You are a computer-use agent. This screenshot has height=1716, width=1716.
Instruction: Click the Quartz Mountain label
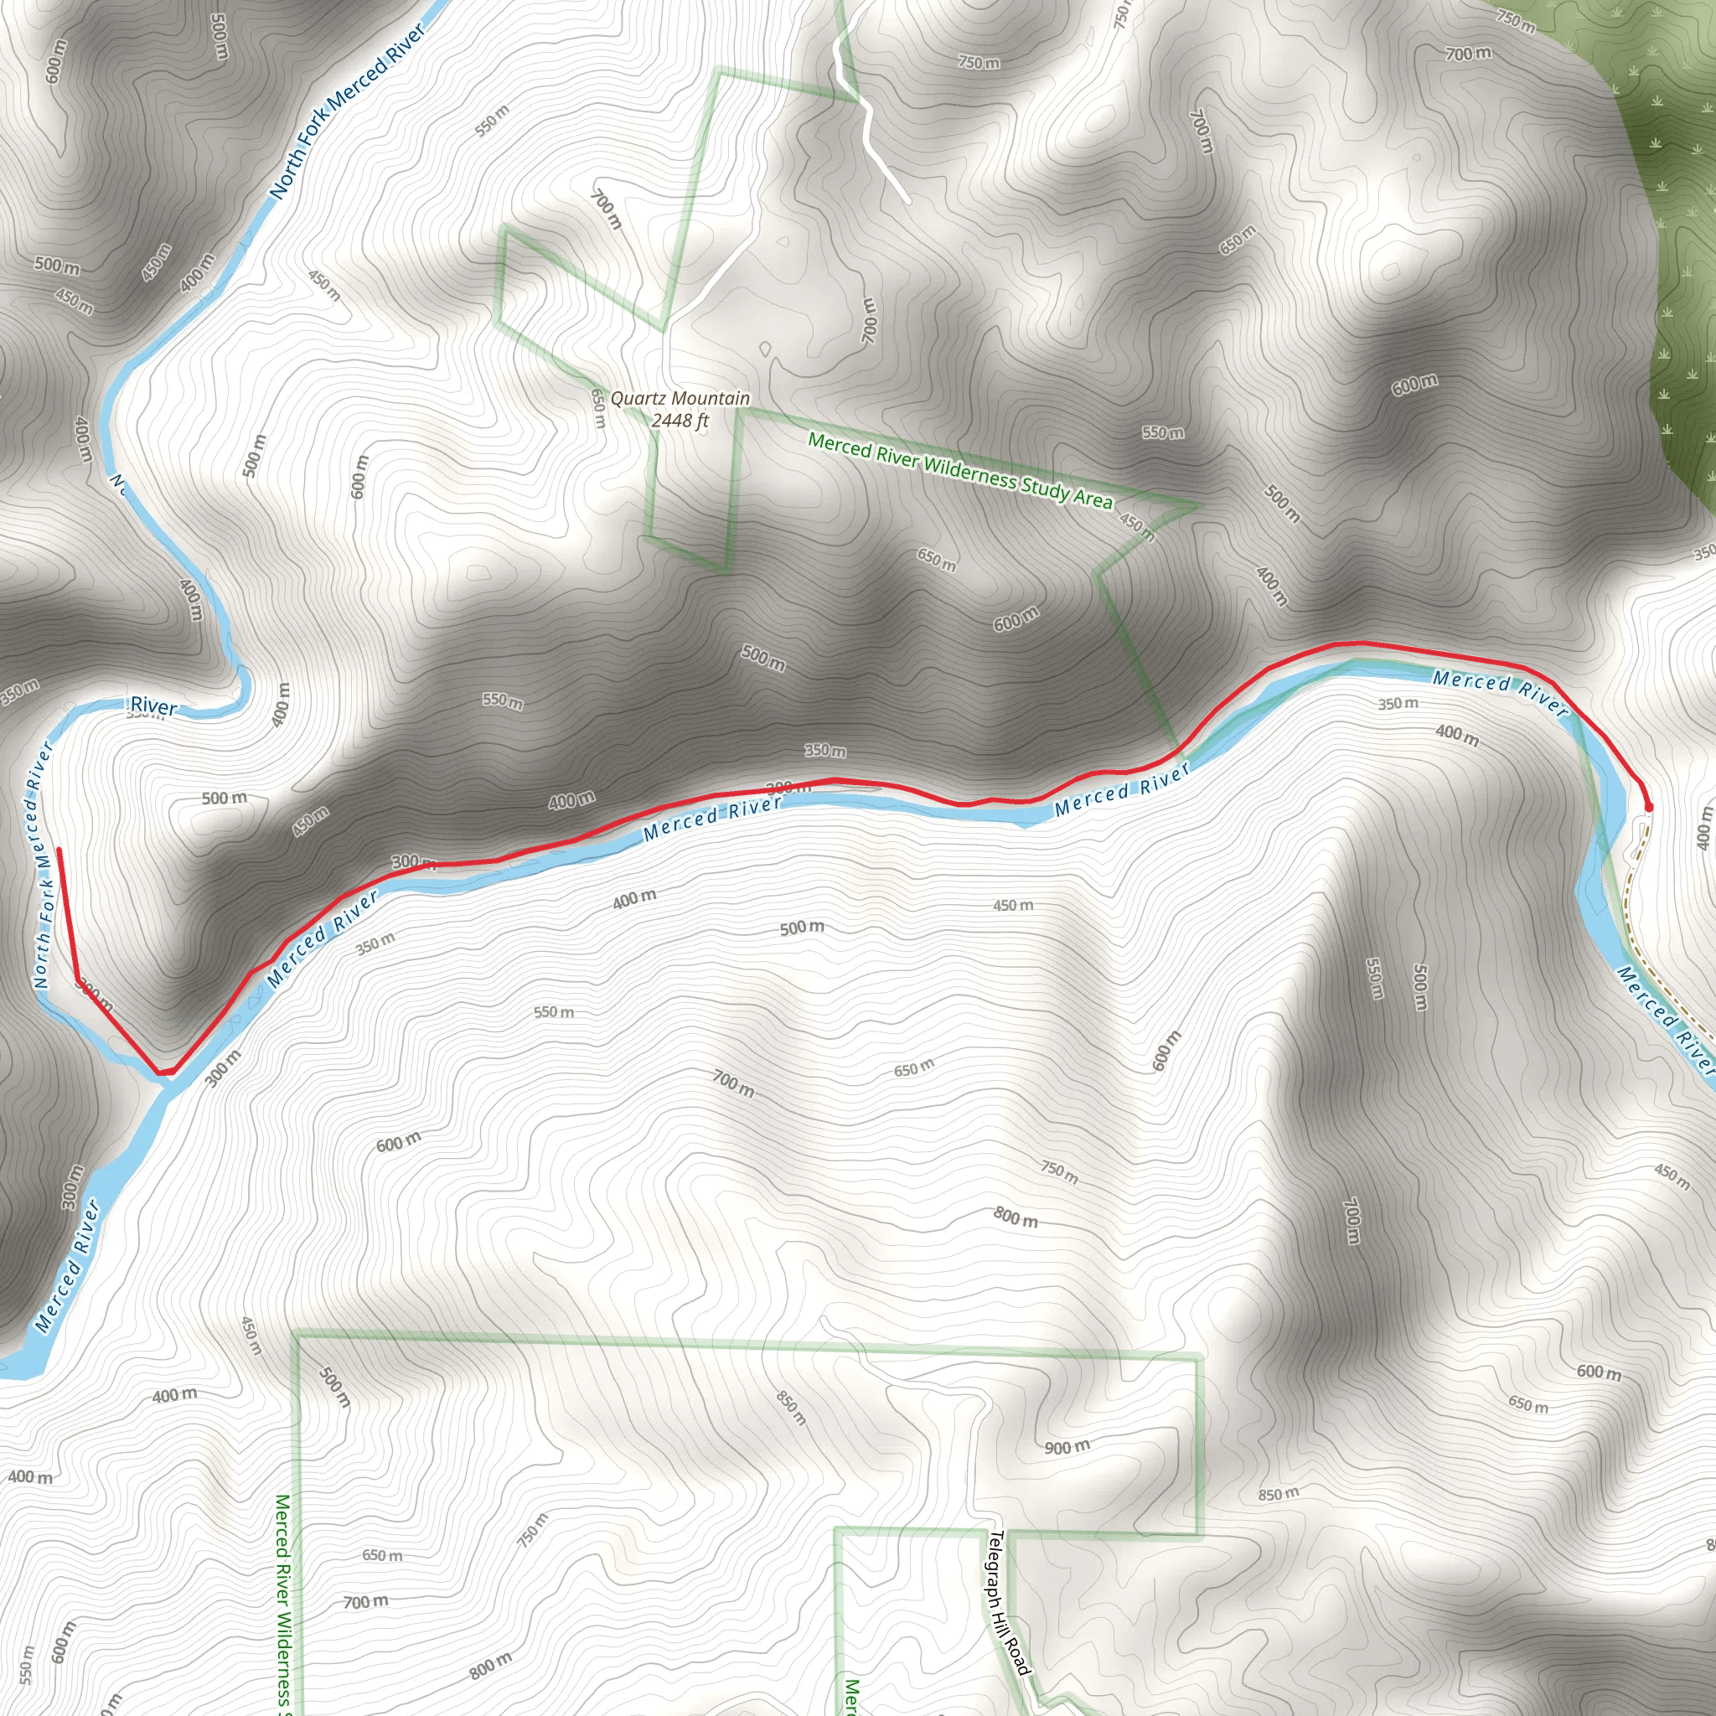pos(680,399)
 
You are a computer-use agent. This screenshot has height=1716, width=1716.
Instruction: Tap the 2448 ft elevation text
pos(680,420)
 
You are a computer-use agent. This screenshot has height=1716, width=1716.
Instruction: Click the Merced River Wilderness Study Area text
pos(959,470)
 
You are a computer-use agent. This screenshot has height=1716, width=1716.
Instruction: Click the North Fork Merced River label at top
pos(346,111)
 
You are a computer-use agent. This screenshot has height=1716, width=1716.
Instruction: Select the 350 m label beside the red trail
pos(825,751)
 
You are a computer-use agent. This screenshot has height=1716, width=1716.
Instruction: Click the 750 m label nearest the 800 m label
pos(1059,1171)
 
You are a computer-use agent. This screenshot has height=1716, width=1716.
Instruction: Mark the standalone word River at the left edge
pos(153,706)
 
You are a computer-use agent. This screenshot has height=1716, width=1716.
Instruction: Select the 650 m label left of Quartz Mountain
pos(598,408)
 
